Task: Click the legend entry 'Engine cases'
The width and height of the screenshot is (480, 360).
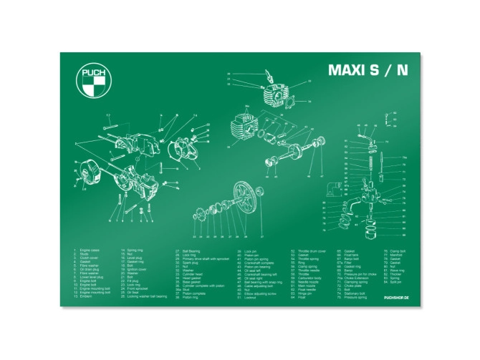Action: click(90, 251)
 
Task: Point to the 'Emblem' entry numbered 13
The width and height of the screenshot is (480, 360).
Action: click(85, 296)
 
